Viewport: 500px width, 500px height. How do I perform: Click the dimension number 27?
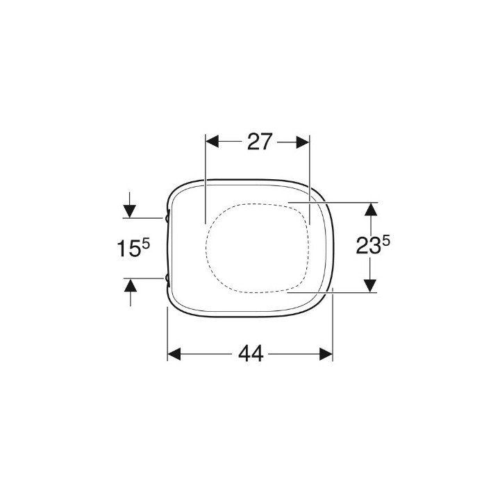pos(260,142)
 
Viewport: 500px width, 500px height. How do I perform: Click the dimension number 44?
pos(251,353)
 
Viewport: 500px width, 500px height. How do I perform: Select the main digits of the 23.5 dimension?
pos(368,246)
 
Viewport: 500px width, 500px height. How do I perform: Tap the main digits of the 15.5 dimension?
pos(129,249)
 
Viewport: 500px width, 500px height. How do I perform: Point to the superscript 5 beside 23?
pos(386,241)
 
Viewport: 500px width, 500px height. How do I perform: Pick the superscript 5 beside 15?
pos(146,244)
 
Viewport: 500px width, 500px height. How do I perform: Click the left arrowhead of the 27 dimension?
pos(212,142)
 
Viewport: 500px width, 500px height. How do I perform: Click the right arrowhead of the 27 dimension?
pos(303,142)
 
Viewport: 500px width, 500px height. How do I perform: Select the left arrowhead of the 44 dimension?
pos(174,354)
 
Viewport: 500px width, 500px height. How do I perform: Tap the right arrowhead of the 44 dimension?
pos(326,354)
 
